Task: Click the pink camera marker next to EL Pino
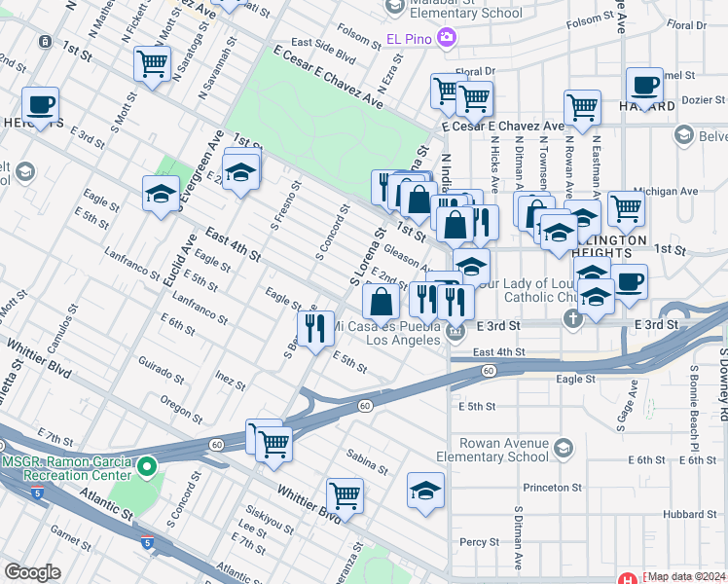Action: (x=447, y=38)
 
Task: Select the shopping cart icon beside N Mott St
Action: (x=152, y=65)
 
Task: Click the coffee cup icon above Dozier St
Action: (x=643, y=85)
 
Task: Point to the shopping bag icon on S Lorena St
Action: (x=381, y=302)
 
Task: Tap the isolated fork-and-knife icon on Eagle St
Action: (x=315, y=328)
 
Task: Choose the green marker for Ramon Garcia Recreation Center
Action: (x=146, y=467)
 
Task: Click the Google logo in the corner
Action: (x=31, y=572)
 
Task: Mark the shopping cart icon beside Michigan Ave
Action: (x=626, y=206)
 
